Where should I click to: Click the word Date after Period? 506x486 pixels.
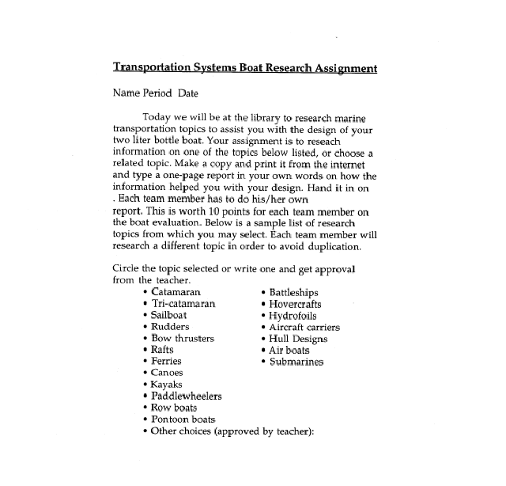[x=188, y=93]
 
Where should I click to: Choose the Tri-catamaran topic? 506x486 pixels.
[x=183, y=304]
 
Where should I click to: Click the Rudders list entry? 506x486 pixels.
[x=170, y=327]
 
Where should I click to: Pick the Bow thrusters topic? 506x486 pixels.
[x=182, y=338]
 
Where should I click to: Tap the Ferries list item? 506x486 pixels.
[x=166, y=361]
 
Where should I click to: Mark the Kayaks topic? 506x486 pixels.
[x=167, y=385]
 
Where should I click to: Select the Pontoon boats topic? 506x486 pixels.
[x=183, y=420]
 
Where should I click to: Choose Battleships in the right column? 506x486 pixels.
[x=294, y=292]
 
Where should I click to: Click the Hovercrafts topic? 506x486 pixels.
[x=296, y=304]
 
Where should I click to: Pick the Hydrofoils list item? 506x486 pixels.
[x=293, y=315]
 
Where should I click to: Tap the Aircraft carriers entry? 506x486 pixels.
[x=304, y=327]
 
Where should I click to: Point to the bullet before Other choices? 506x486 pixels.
[x=145, y=431]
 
